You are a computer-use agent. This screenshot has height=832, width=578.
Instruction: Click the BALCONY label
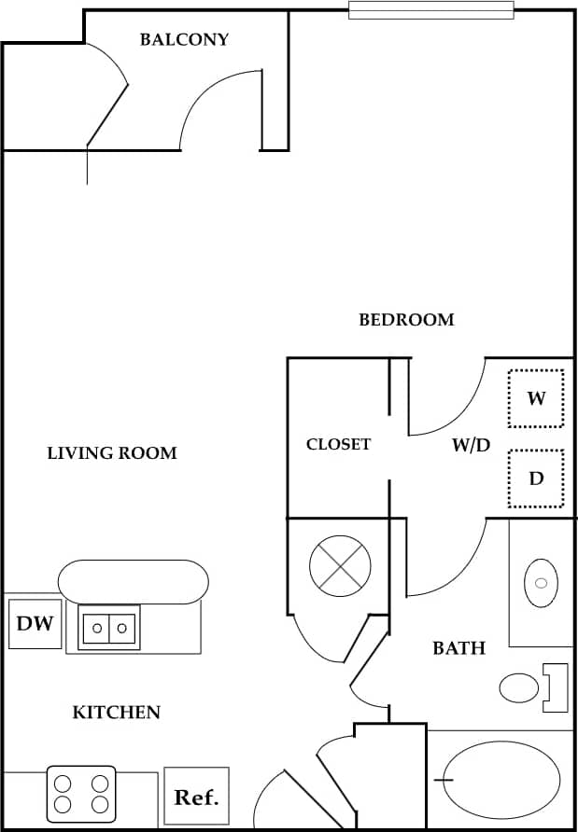tap(184, 39)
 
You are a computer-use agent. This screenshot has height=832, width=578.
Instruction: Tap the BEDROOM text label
tap(406, 319)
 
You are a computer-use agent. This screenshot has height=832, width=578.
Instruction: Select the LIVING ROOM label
tap(112, 453)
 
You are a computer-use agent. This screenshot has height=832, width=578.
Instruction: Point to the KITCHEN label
tap(117, 713)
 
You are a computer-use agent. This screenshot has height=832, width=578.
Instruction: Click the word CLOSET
tap(338, 444)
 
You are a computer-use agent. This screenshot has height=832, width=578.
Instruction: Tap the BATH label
tap(458, 647)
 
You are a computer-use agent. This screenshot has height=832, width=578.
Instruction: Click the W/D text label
tap(471, 445)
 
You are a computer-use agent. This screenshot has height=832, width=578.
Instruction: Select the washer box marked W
tap(536, 398)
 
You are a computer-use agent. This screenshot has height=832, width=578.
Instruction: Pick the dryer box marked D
tap(536, 478)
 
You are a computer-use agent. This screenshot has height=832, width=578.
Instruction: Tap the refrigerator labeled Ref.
tap(196, 797)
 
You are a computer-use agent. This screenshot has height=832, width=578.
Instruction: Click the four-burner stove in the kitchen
tap(81, 794)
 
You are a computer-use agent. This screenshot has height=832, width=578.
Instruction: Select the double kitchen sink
tap(109, 628)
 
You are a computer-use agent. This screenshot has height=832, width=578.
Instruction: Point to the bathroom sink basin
tap(540, 583)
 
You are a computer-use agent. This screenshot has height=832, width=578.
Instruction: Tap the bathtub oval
tap(501, 779)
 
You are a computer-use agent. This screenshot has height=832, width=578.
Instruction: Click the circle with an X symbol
tap(340, 565)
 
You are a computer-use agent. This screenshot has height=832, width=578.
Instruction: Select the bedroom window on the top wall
tap(431, 10)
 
